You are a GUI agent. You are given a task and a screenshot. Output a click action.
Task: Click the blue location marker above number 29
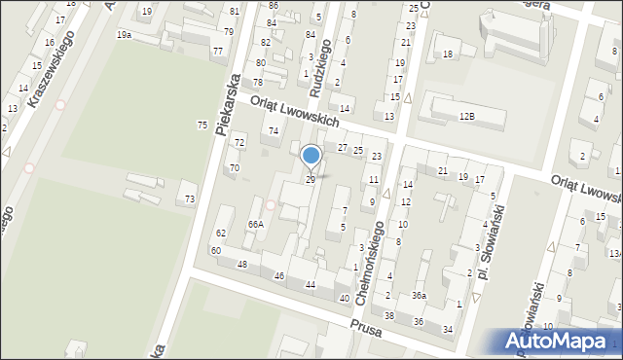coord(311,156)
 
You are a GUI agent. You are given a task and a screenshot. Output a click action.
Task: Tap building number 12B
coord(467,117)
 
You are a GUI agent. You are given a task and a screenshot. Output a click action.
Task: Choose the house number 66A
coord(256,224)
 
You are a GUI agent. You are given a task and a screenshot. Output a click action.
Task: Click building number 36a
coord(419,295)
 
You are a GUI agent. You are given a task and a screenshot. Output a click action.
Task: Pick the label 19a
coord(124,34)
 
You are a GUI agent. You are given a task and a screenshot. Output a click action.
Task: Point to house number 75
coord(202,125)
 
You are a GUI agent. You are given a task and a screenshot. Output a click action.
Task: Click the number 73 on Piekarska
coord(190,198)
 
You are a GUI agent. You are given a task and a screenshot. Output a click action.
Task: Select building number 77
coord(217,51)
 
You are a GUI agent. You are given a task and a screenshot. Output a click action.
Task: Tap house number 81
coord(235,11)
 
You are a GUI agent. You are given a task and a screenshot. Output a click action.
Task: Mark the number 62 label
coord(221,234)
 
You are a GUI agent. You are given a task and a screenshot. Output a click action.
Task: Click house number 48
coord(242,265)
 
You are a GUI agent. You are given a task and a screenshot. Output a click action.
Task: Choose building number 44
coord(311,284)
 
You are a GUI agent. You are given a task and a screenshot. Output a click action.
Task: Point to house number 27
coord(342,147)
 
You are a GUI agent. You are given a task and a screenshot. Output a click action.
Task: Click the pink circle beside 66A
coord(270,204)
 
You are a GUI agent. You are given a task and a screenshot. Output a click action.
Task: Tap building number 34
coord(448,330)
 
